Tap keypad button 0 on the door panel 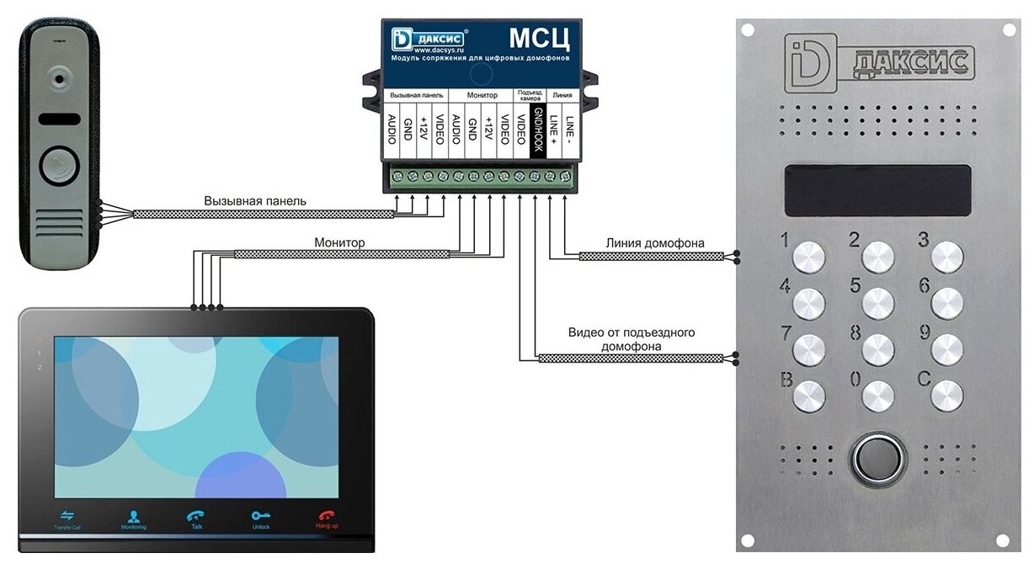(x=877, y=395)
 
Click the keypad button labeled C (x=947, y=395)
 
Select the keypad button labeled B (x=809, y=395)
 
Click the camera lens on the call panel (x=59, y=78)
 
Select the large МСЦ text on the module (x=540, y=39)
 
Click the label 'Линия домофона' (x=654, y=243)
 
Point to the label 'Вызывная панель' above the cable (x=255, y=201)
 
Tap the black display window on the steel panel (x=877, y=189)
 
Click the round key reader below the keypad (x=877, y=459)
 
